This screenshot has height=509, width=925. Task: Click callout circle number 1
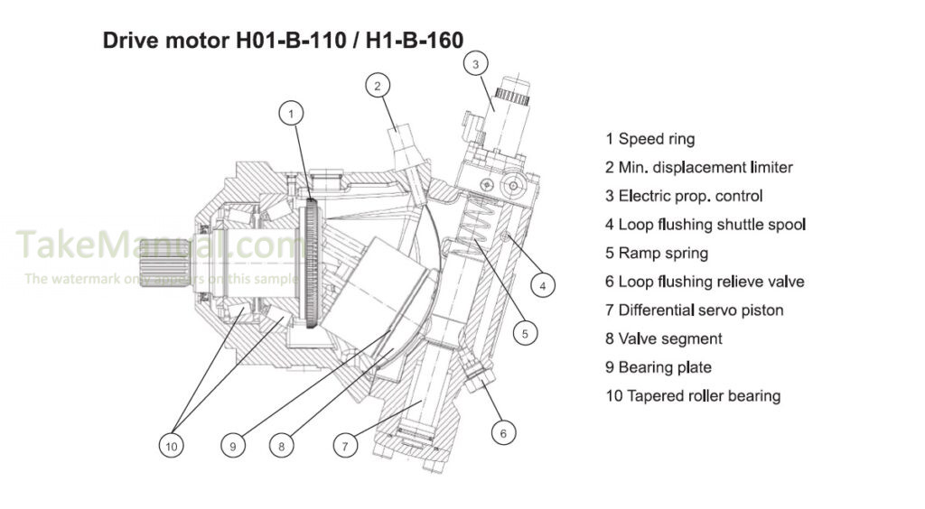click(291, 113)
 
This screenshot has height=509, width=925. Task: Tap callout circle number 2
click(378, 86)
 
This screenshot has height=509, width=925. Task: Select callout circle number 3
click(476, 63)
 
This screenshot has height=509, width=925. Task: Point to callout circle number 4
click(542, 286)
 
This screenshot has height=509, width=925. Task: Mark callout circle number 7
click(343, 444)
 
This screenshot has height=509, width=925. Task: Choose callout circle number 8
click(282, 444)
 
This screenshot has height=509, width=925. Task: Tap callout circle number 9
click(232, 444)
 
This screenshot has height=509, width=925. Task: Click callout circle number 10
click(171, 444)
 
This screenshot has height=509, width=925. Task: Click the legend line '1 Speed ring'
click(649, 139)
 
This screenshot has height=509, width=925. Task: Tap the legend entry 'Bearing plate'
click(659, 367)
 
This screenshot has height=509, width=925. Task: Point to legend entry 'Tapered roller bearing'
click(693, 395)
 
